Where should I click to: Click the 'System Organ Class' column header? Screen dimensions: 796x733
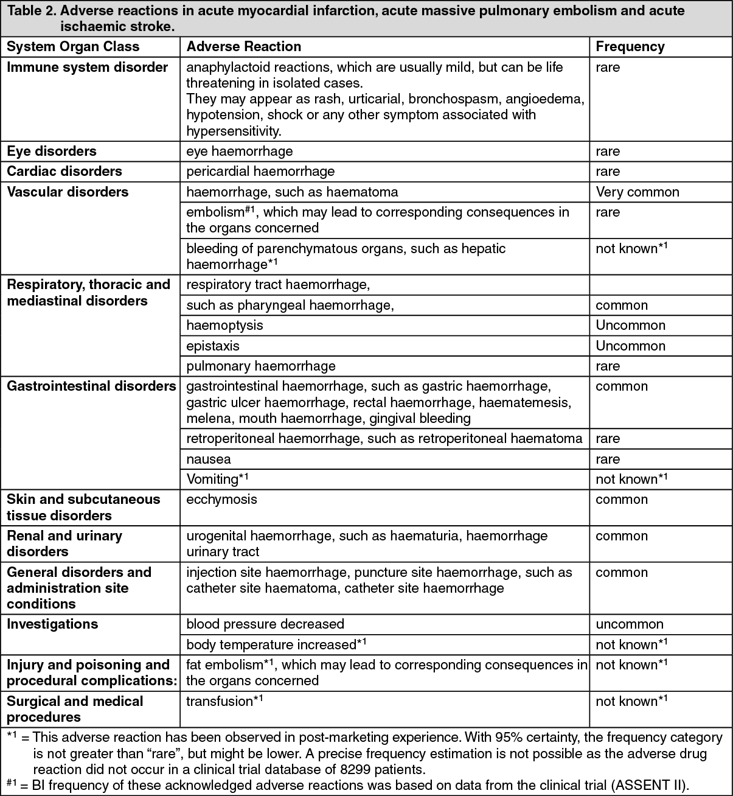(73, 47)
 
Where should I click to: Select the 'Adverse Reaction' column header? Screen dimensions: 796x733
(243, 47)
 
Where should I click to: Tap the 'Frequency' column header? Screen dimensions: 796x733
(630, 47)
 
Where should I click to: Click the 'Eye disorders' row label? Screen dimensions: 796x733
(52, 151)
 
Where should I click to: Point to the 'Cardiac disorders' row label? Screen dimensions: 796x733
(64, 172)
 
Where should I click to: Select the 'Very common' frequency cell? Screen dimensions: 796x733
(637, 192)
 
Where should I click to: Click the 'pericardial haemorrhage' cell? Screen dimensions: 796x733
(260, 172)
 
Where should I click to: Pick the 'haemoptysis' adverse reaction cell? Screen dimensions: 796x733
(224, 326)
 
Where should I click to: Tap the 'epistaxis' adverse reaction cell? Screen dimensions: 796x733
(213, 346)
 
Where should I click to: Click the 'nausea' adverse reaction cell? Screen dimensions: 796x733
(209, 459)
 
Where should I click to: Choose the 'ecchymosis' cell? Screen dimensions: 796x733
(221, 500)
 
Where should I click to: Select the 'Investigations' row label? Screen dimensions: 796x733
(52, 624)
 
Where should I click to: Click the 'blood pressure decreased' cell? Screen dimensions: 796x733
(265, 624)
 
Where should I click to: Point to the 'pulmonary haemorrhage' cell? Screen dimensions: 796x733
(261, 366)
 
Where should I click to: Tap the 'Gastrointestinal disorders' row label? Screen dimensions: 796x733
(91, 386)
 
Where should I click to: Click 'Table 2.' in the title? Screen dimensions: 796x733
(30, 11)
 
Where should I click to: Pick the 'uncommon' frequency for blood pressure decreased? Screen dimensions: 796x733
(630, 624)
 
